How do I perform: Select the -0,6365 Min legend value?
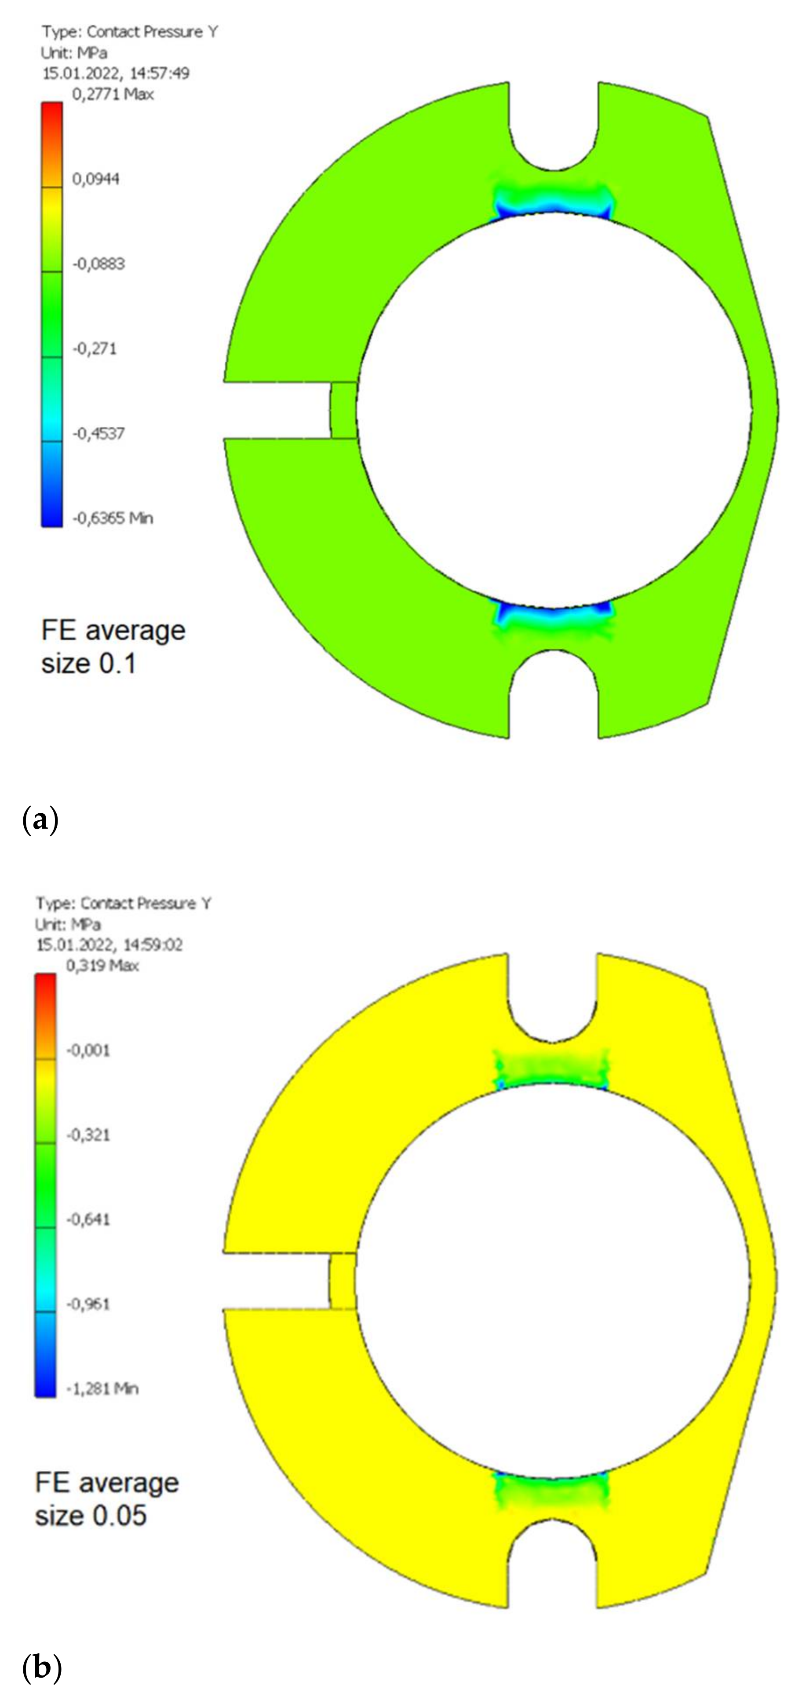point(113,518)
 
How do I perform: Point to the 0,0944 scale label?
point(95,179)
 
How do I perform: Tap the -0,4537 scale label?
point(98,433)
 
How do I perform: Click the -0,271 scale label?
point(95,349)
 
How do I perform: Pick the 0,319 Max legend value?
point(102,966)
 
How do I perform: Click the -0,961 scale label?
point(88,1304)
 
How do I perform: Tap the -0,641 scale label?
point(88,1219)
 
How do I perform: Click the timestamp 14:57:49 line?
point(116,73)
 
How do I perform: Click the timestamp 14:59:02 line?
point(109,944)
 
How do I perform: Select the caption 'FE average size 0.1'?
point(113,646)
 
